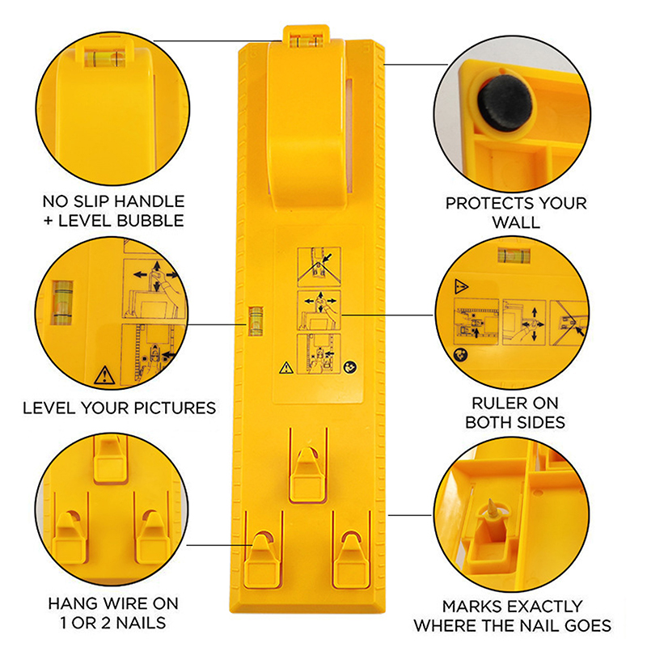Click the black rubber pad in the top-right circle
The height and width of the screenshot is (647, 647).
[x=504, y=103]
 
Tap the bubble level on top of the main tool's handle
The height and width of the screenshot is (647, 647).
[x=306, y=41]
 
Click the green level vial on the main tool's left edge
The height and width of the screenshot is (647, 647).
[x=256, y=320]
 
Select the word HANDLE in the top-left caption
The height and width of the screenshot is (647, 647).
[x=150, y=201]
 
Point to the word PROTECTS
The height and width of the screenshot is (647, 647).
[x=488, y=203]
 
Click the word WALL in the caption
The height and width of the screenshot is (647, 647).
[x=516, y=222]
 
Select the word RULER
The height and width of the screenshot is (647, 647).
[x=496, y=403]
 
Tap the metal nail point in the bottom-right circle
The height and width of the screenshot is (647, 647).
[x=493, y=508]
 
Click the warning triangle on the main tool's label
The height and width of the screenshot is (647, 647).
[x=286, y=368]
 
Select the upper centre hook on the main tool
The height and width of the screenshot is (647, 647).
[x=307, y=475]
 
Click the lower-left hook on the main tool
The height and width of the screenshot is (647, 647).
[x=263, y=559]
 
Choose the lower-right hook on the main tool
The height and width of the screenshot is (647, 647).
[x=351, y=559]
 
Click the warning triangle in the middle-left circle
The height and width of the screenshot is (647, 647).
[x=104, y=375]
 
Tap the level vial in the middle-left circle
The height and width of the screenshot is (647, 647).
[x=62, y=302]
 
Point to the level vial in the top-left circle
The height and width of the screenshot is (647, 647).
[x=104, y=58]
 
